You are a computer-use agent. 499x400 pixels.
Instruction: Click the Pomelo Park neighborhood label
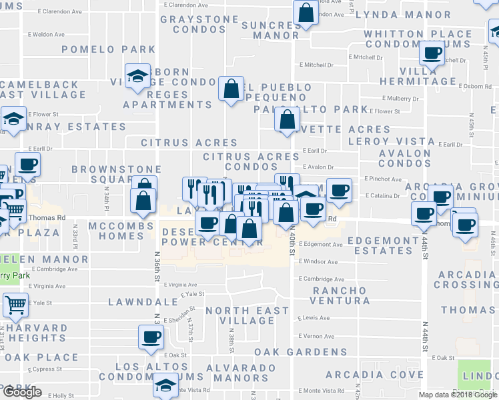[109, 50]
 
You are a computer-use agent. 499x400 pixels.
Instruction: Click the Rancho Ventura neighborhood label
[340, 295]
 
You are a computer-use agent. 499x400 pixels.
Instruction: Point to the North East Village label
[247, 315]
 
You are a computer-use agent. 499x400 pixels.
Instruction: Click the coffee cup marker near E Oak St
[151, 337]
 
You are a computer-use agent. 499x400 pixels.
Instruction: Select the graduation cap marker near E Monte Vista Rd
[165, 385]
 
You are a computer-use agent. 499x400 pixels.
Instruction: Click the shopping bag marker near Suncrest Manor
[305, 13]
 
